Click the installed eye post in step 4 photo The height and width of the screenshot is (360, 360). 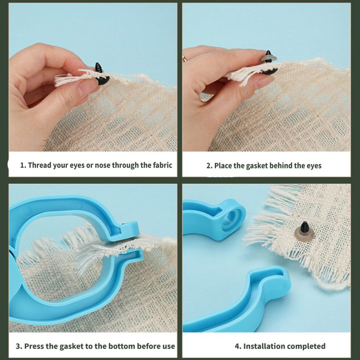304,231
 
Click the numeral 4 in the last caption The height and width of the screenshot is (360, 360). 237,346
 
